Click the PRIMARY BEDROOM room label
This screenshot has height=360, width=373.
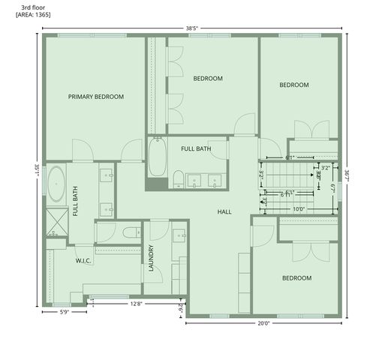[x=95, y=97]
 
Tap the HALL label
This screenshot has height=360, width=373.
[x=224, y=212]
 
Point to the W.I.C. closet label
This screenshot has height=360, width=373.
[x=83, y=261]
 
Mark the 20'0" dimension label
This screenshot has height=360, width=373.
[x=263, y=324]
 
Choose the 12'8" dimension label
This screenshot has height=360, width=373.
[x=137, y=304]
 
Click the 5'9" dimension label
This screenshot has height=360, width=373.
[x=65, y=313]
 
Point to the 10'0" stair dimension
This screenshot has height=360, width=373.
[x=298, y=209]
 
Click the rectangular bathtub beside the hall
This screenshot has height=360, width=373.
[x=157, y=158]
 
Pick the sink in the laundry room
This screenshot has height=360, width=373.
[x=180, y=236]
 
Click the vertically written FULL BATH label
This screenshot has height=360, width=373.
[x=76, y=202]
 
